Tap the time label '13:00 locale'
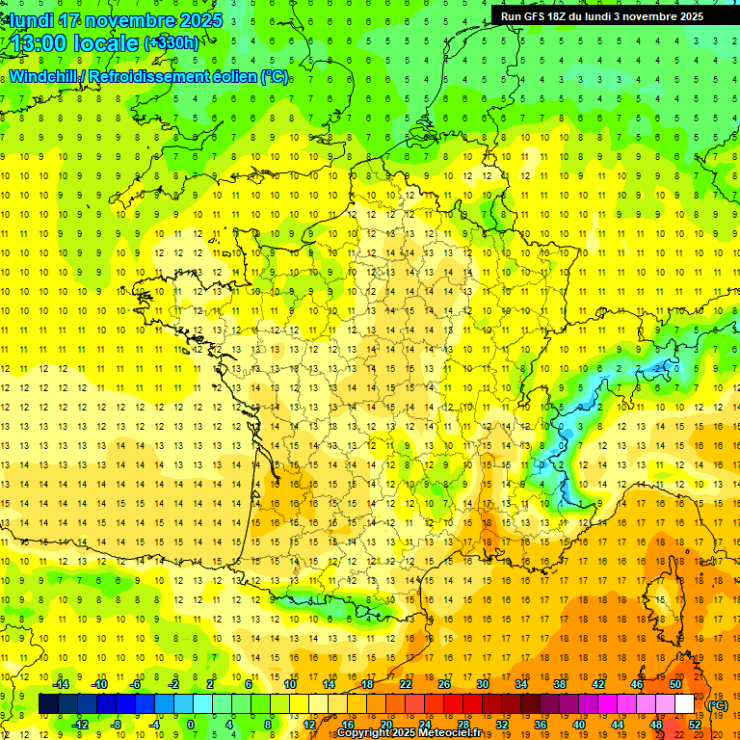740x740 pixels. click(71, 43)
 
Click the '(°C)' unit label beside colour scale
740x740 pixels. click(717, 705)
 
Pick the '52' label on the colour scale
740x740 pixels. click(695, 725)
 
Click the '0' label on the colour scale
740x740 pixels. click(191, 725)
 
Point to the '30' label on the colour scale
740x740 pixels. click(483, 684)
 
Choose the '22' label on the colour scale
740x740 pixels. click(406, 684)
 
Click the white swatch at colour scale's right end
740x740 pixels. click(685, 704)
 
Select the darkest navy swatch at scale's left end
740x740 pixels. click(48, 704)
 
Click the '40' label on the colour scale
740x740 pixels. click(579, 725)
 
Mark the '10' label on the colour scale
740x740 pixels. click(290, 684)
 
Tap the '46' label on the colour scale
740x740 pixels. click(637, 684)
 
